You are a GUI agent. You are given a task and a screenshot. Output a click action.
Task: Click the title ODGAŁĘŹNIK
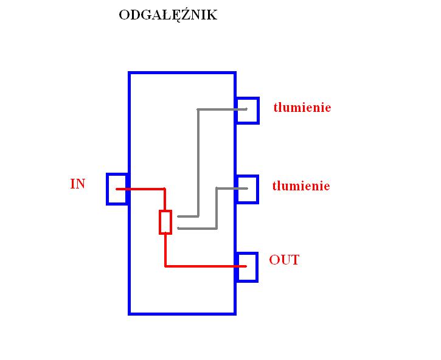168,15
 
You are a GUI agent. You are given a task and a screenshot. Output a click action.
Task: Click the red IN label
78,184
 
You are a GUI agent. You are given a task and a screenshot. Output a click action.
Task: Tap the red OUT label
284,260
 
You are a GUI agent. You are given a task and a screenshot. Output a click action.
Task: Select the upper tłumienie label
302,108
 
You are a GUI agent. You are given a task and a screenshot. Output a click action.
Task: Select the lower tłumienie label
301,186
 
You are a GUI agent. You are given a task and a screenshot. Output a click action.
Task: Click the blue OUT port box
257,267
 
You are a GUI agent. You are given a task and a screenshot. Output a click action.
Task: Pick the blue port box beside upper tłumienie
258,111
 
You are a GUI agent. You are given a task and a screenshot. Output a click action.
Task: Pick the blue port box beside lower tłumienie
257,189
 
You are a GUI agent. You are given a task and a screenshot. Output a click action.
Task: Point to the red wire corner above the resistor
165,189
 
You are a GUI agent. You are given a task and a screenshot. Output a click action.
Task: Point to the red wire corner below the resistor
165,266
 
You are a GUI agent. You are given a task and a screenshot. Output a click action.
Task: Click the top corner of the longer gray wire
198,109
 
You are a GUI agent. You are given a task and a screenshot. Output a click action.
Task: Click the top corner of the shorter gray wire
217,188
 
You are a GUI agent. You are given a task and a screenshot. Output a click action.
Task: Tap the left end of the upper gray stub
178,216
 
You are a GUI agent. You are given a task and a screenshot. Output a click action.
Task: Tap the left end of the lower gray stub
178,229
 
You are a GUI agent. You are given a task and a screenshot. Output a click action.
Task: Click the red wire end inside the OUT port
246,266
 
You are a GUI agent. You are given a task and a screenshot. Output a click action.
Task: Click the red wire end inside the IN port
117,189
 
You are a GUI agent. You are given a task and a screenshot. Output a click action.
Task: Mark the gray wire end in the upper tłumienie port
246,109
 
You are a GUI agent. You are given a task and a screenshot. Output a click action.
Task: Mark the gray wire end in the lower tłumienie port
247,188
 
